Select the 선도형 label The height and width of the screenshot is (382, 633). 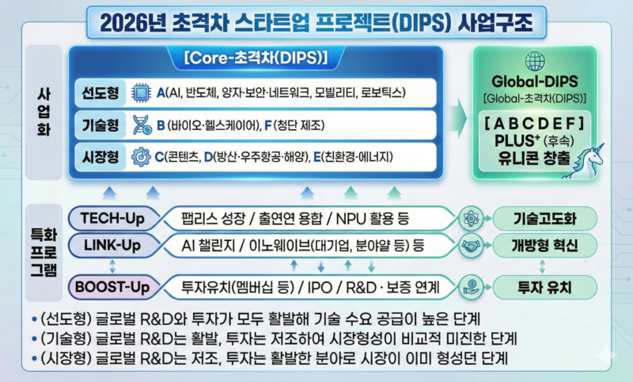[100, 94]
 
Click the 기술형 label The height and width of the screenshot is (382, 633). [100, 124]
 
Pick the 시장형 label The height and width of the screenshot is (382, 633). [100, 155]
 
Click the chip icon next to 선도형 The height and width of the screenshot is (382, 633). [140, 94]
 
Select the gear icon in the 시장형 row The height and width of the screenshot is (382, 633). [142, 155]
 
